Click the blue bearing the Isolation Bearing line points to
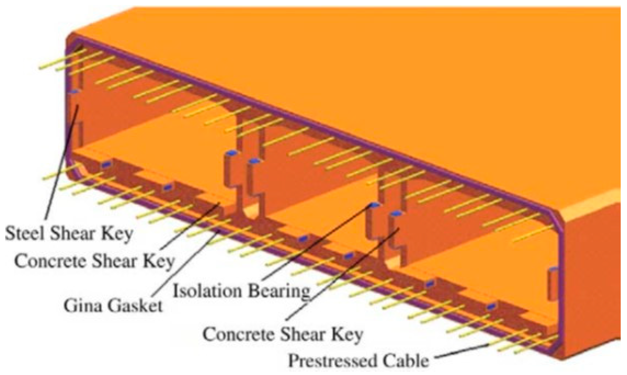(375, 205)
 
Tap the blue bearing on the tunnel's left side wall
(73, 91)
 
